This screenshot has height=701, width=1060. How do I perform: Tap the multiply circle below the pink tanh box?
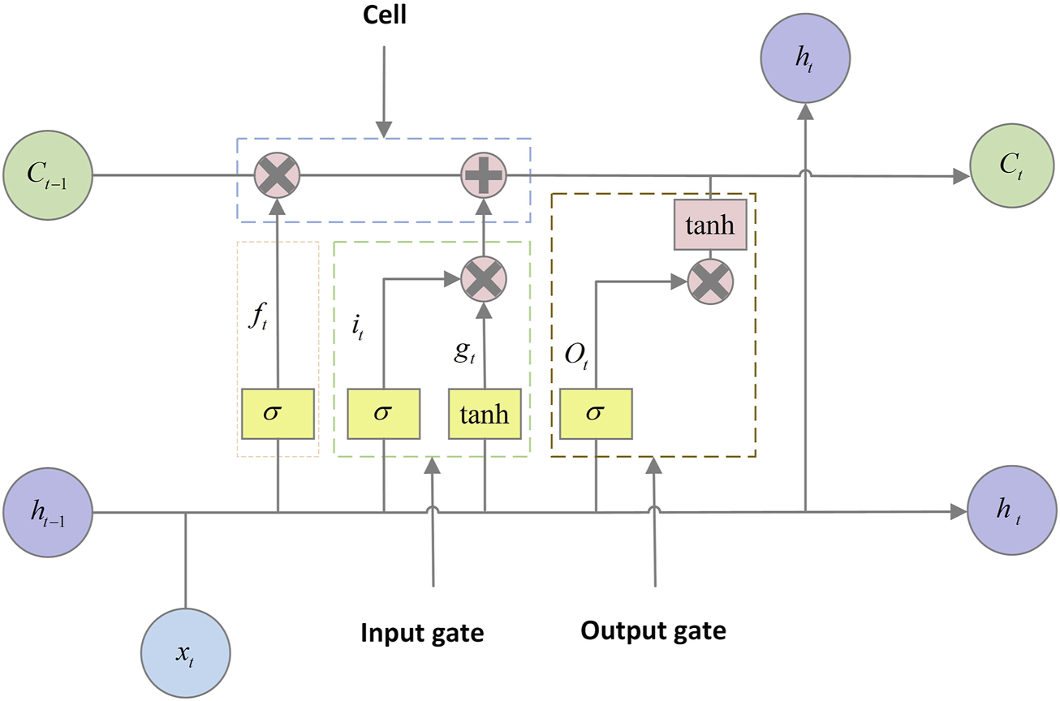click(x=710, y=282)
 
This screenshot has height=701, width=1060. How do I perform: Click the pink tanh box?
click(x=710, y=225)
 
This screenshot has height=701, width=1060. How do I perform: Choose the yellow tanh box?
click(x=485, y=415)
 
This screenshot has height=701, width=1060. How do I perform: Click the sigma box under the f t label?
click(x=278, y=412)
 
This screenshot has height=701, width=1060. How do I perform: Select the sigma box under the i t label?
click(x=383, y=412)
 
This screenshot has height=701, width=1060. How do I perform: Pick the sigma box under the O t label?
click(x=596, y=412)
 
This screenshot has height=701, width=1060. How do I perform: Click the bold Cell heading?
click(x=384, y=16)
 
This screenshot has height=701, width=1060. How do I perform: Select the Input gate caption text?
click(x=422, y=633)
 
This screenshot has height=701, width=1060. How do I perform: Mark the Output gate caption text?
click(x=653, y=630)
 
